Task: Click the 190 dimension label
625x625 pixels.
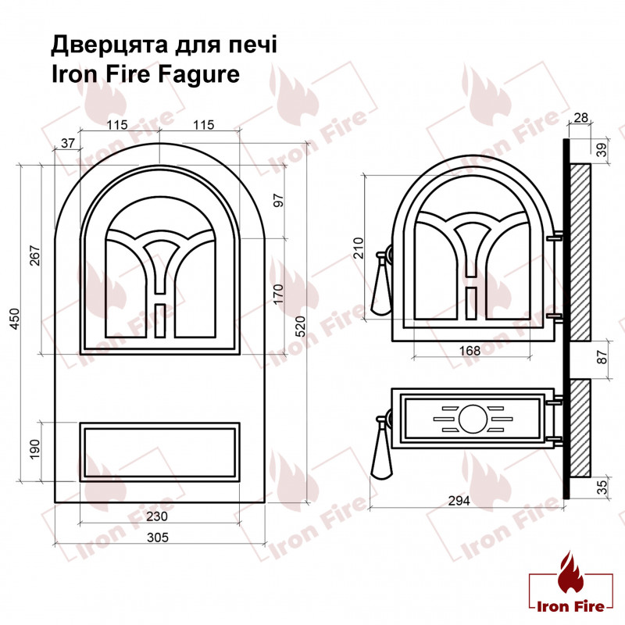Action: [x=34, y=449]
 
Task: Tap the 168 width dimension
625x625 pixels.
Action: [x=470, y=351]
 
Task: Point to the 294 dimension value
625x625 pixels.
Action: [x=459, y=501]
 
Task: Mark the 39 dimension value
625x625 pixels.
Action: [x=602, y=150]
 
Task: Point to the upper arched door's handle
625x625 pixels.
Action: [x=381, y=285]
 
